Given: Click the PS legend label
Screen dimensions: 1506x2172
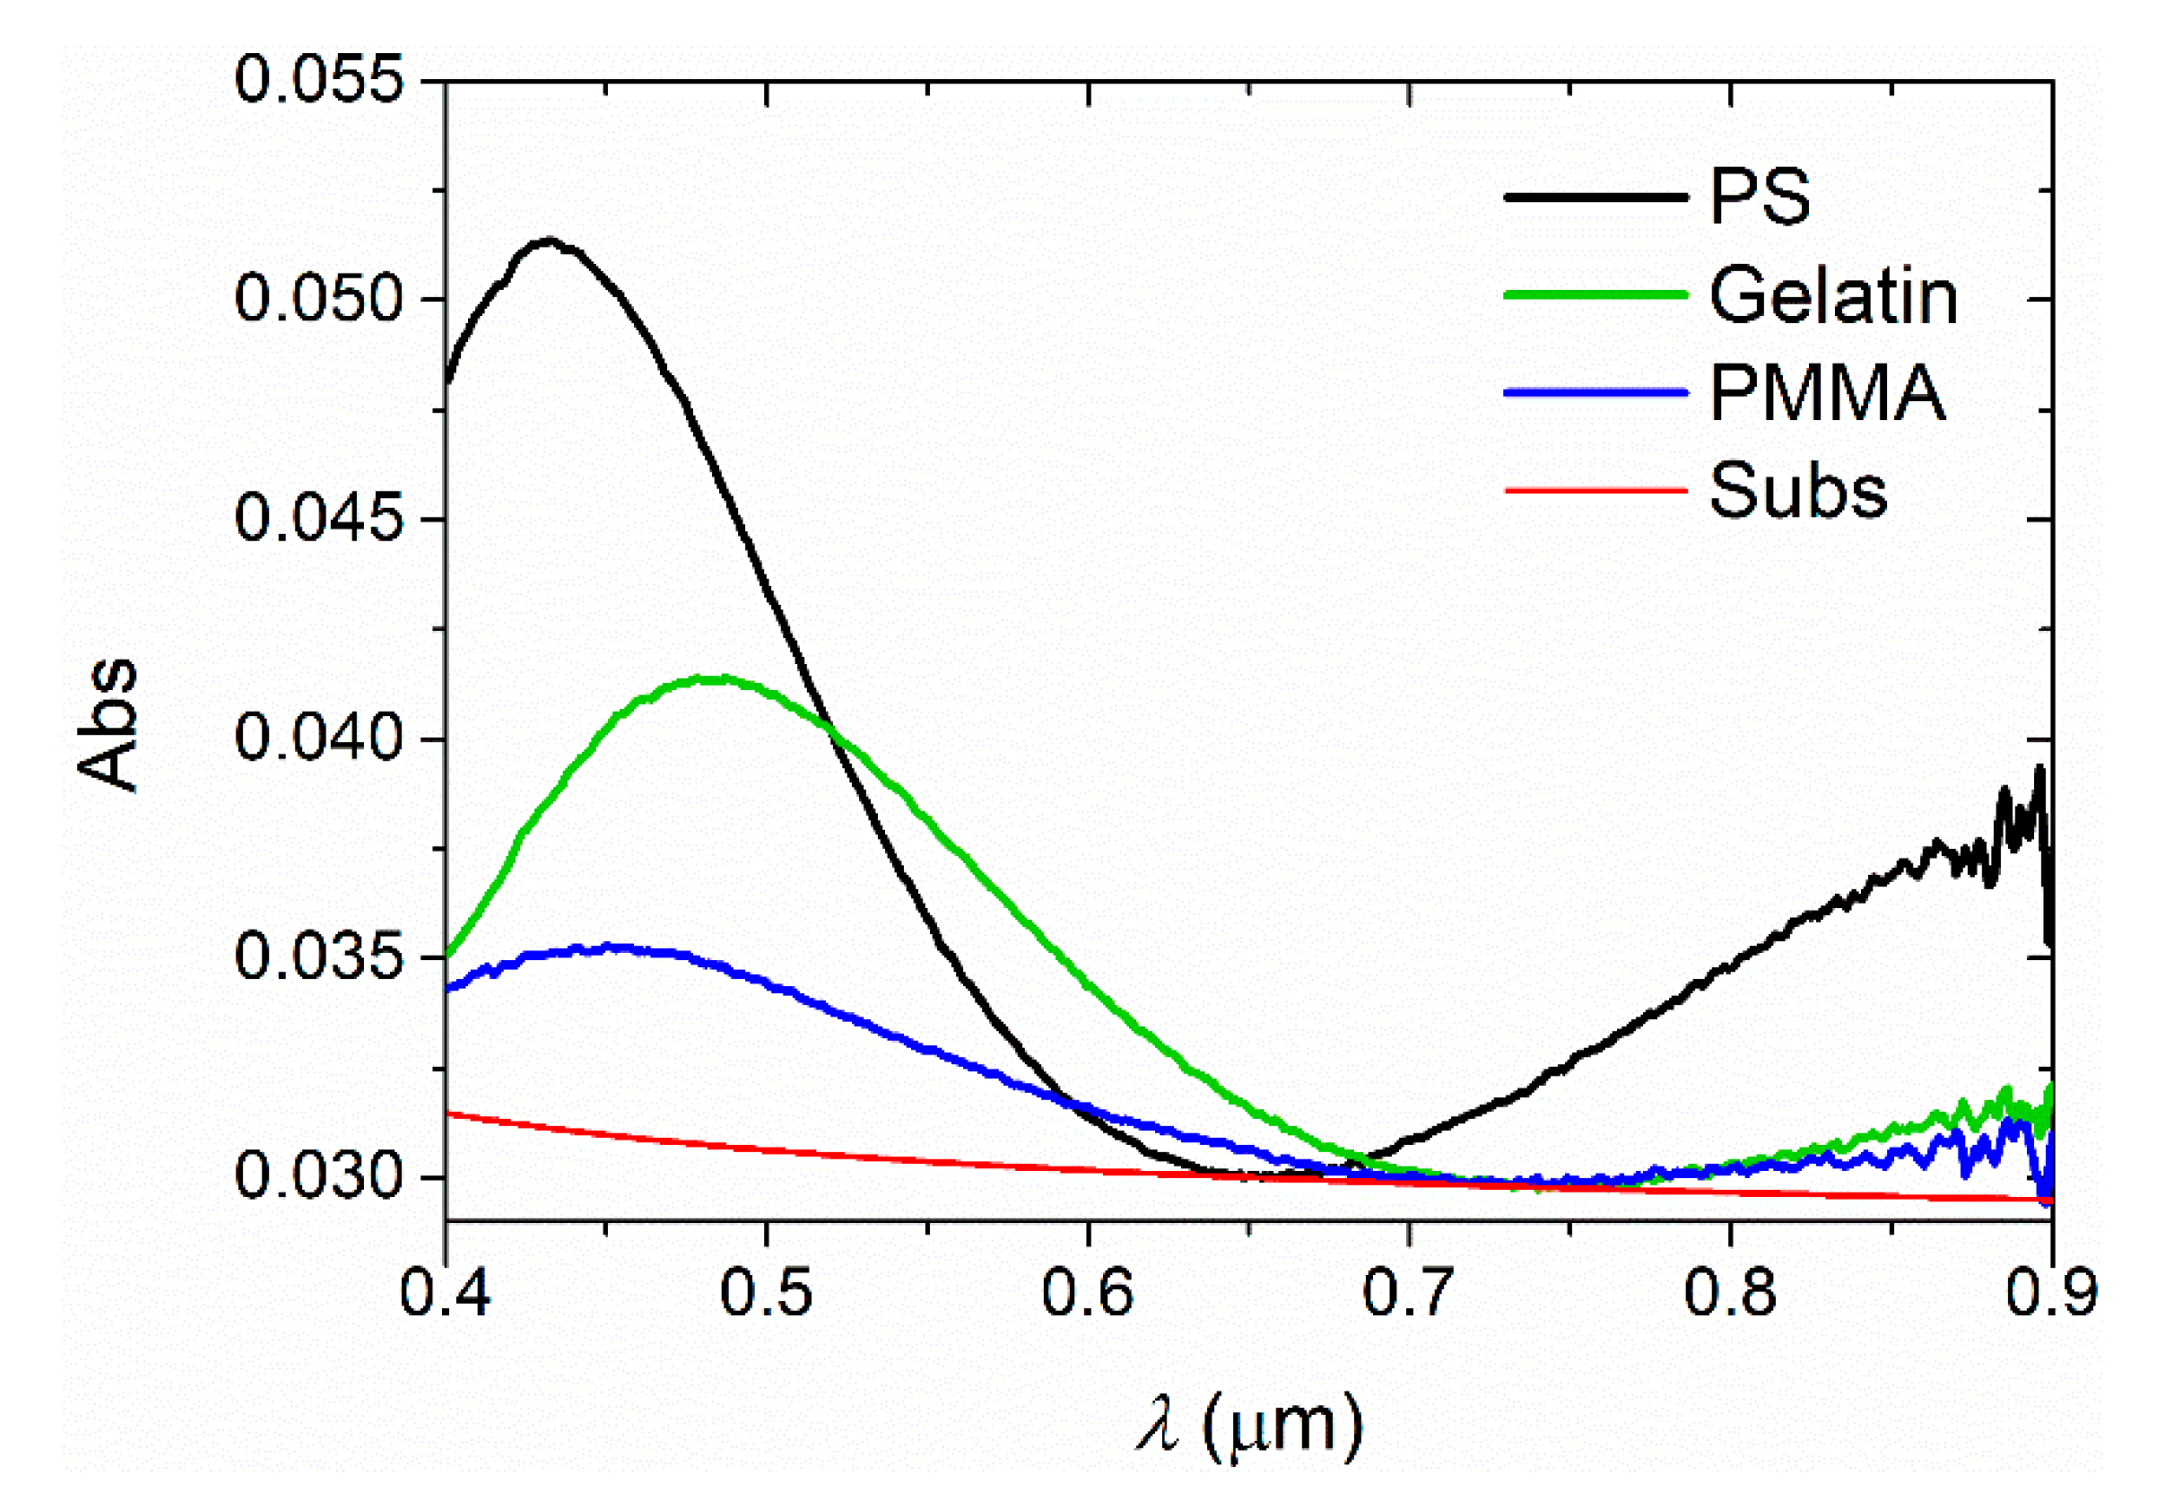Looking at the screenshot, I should click(1759, 197).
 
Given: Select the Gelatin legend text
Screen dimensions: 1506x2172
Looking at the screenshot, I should click(1832, 295).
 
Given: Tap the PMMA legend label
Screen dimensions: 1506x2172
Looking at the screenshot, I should click(1826, 392).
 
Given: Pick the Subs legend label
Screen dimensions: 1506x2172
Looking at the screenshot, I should click(1797, 490).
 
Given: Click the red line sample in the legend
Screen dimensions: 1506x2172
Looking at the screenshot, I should click(1594, 490).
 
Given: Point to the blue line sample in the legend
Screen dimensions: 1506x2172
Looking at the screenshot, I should click(1594, 392).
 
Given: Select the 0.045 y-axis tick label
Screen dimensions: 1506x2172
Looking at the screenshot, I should click(319, 518).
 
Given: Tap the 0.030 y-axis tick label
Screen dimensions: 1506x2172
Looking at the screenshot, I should click(319, 1176).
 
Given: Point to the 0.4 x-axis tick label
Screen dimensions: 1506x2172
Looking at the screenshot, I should click(445, 1292).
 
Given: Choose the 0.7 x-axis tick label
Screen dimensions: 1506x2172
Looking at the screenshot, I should click(1409, 1292).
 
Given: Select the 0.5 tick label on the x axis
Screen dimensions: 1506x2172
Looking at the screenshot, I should click(765, 1292).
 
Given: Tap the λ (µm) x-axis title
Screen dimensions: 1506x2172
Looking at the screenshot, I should click(1249, 1427).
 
